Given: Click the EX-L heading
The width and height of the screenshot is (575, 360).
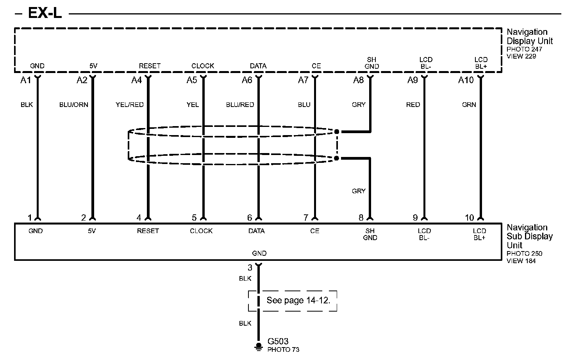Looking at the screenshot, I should tap(45, 13).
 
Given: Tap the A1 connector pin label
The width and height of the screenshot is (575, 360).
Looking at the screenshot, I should tap(25, 80).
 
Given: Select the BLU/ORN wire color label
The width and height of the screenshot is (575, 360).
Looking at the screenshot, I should tap(73, 105).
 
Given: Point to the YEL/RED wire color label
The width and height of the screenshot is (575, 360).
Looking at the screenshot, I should tap(130, 105).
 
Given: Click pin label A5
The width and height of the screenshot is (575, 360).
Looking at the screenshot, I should tap(192, 80).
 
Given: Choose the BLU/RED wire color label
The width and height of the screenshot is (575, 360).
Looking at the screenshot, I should tap(240, 105).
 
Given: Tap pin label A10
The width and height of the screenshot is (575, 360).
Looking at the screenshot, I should tap(466, 80).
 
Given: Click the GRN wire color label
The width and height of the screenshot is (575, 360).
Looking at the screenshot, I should tap(469, 105).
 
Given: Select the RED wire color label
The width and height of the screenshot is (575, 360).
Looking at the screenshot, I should tap(413, 105).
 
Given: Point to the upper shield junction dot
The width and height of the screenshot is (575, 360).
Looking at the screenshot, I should tap(337, 132).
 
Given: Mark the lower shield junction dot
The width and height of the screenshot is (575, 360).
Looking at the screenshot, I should tap(337, 158).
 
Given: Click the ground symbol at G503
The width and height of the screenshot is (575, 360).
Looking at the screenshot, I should tap(258, 346).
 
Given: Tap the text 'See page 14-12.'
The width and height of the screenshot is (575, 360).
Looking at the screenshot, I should tap(298, 300).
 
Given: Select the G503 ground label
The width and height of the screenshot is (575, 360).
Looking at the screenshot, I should tap(278, 341).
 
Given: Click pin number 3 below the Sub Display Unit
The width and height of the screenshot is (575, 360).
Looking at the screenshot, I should tap(250, 268).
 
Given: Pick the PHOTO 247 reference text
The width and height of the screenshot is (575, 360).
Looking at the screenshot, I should tap(524, 49).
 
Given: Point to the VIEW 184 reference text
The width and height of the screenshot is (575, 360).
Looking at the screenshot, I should tap(521, 261).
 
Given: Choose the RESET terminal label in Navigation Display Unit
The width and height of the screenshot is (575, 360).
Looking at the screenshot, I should tap(150, 66).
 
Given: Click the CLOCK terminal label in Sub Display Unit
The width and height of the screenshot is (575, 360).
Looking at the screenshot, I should tap(201, 231).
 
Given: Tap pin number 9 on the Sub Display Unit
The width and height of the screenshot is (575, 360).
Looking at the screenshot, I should tap(415, 218).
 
